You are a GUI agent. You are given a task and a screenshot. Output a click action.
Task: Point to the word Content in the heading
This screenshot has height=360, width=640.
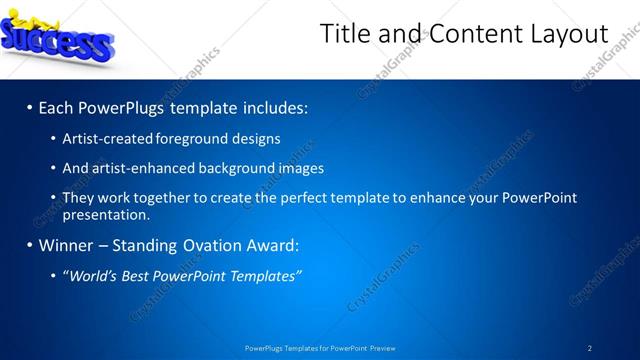click(x=470, y=34)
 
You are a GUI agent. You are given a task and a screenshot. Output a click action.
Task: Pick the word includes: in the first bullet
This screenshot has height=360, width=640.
click(x=272, y=106)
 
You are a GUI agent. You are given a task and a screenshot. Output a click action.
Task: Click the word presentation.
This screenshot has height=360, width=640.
click(x=106, y=214)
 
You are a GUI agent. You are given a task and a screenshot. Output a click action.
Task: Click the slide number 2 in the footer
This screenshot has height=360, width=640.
click(x=589, y=348)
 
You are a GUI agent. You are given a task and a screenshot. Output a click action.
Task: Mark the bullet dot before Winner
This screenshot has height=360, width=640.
click(x=29, y=245)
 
